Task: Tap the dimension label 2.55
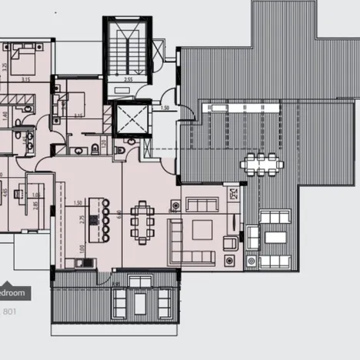coord(129,79)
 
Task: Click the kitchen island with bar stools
coord(98,219)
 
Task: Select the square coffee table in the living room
coord(202,229)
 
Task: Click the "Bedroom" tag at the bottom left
coord(13,293)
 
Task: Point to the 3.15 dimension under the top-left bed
coord(25,79)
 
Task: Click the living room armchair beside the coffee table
coord(230,243)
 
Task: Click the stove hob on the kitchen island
coord(95,219)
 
